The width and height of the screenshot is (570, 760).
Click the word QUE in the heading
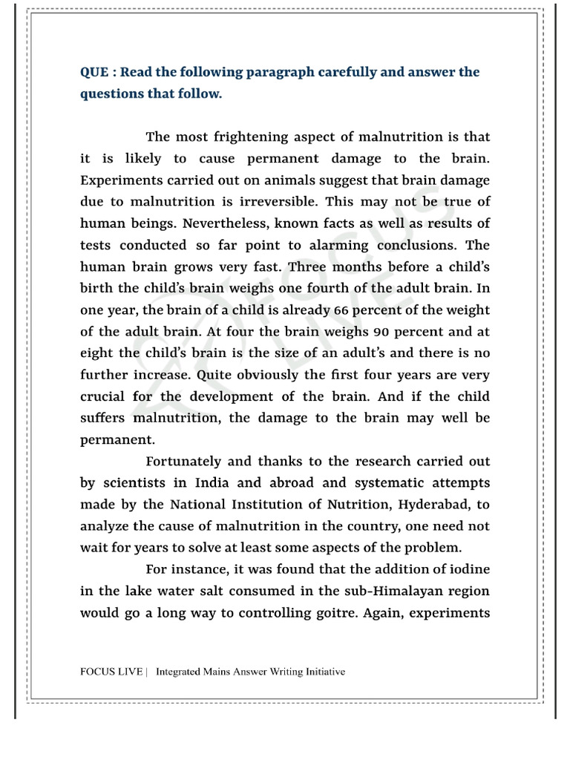pos(94,73)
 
